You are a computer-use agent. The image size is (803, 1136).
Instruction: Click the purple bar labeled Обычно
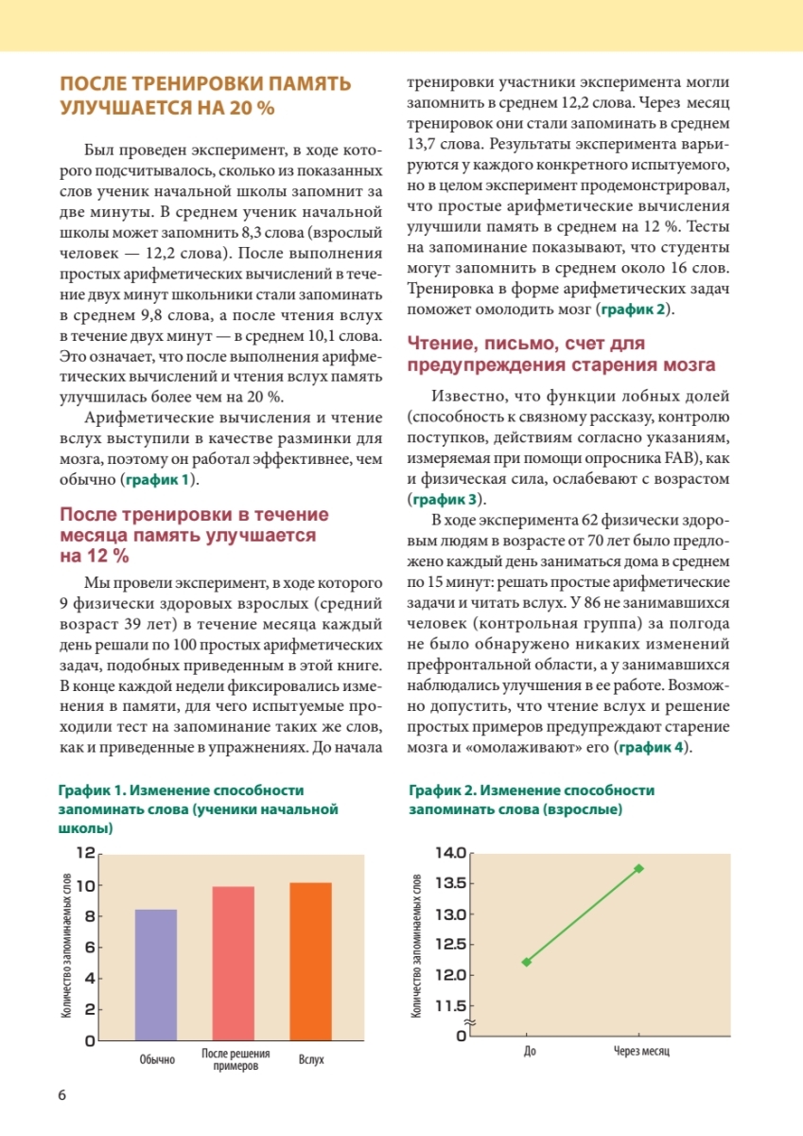click(x=156, y=974)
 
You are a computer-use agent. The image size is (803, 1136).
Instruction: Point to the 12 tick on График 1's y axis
click(x=84, y=854)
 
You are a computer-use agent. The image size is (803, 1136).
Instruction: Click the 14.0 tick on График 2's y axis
click(x=449, y=853)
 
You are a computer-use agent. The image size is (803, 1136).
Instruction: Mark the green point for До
click(x=527, y=962)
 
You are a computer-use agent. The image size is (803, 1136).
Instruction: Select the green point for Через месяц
click(x=639, y=868)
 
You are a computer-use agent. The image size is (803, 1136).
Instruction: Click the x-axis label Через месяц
click(x=639, y=1054)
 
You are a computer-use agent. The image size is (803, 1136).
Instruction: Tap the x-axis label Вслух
click(x=311, y=1059)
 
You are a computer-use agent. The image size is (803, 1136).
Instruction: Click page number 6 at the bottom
click(x=62, y=1095)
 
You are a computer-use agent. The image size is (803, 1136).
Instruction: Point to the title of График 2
click(x=532, y=800)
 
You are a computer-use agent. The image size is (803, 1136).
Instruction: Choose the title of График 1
click(x=198, y=808)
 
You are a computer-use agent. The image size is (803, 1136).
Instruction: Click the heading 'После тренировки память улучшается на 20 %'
click(x=205, y=96)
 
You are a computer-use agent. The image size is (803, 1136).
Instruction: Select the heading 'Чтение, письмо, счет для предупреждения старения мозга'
click(x=561, y=354)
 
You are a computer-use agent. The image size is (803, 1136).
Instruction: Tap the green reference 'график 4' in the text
click(x=652, y=748)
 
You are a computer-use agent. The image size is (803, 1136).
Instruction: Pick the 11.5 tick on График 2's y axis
click(x=449, y=1005)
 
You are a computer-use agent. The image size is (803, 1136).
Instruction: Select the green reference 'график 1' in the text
click(x=159, y=480)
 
